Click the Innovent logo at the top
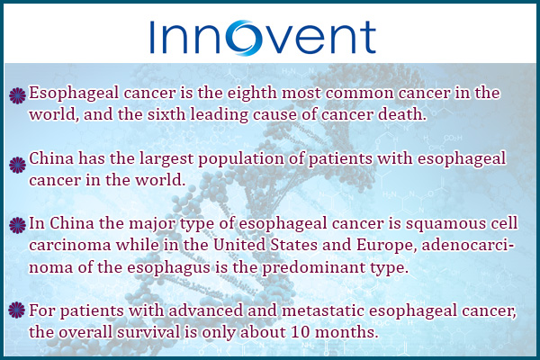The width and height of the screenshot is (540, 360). (x=263, y=38)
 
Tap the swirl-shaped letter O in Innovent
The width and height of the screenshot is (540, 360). (x=247, y=38)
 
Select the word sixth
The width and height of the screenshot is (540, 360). (x=166, y=114)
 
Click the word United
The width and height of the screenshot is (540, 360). (x=239, y=245)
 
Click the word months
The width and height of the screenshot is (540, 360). (x=345, y=332)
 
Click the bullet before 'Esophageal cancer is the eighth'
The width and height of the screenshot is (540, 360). (x=17, y=95)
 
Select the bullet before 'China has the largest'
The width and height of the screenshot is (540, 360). (x=17, y=165)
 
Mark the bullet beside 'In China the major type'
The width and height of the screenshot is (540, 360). (x=17, y=225)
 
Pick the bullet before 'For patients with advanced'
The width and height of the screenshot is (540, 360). (x=17, y=310)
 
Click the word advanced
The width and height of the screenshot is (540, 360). (x=205, y=310)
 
